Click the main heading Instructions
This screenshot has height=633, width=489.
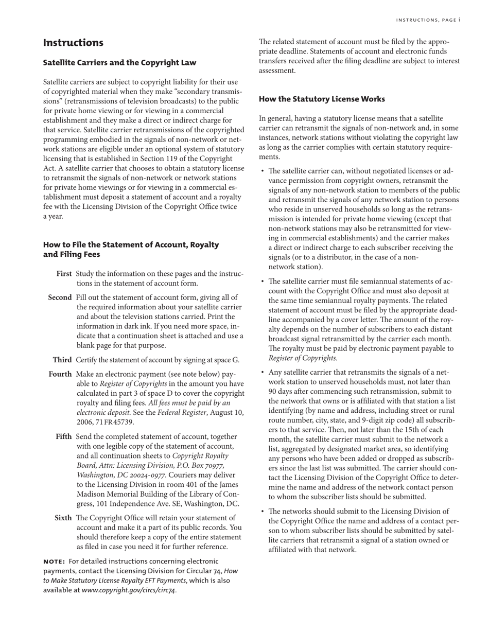coord(73,43)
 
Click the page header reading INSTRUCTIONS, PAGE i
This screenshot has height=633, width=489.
coord(428,20)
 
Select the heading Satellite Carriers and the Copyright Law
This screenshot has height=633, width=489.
coord(119,63)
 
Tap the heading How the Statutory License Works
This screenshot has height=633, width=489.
coord(322,99)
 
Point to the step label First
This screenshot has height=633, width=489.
coord(64,274)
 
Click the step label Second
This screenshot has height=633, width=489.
coord(60,297)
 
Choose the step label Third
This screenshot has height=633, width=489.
coord(62,360)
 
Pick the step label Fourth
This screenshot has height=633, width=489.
coord(60,374)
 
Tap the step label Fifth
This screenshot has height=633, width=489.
coord(64,437)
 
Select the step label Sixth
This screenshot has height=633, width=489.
coord(63,518)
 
